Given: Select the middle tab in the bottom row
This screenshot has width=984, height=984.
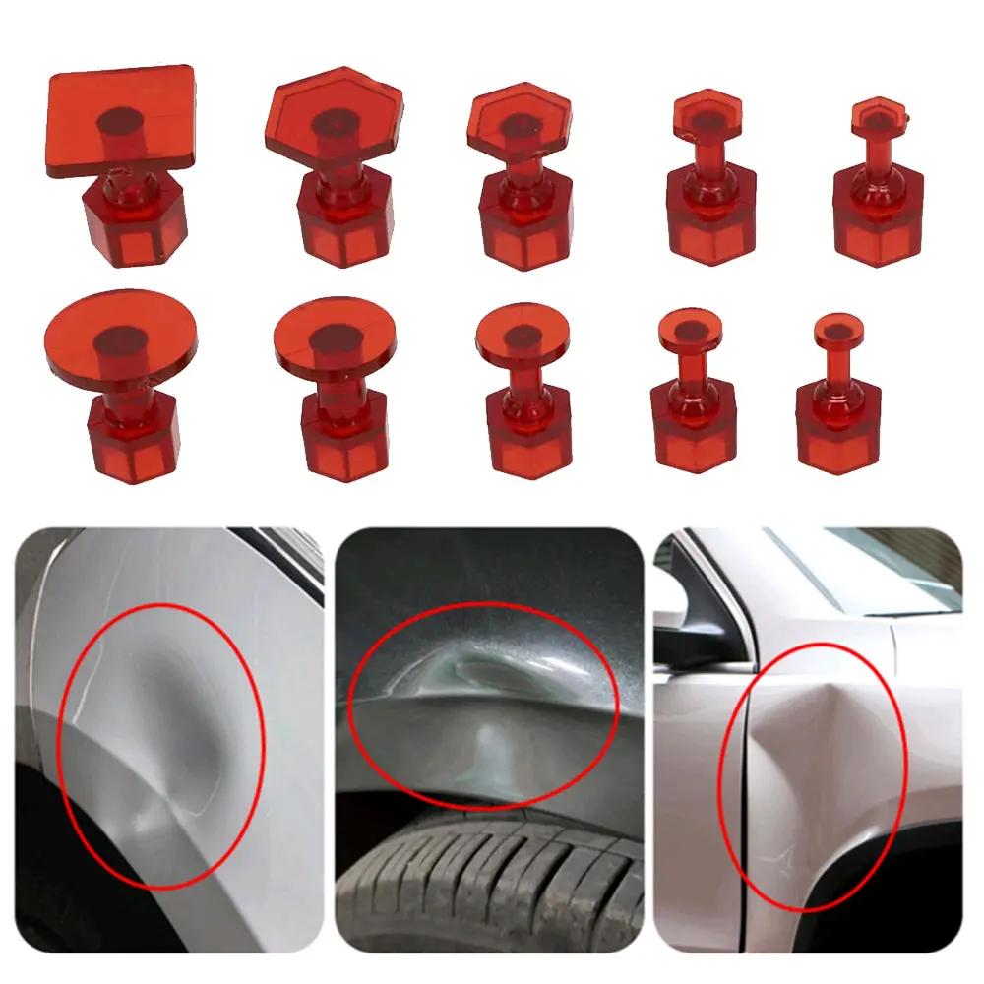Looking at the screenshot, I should pos(519,389).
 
